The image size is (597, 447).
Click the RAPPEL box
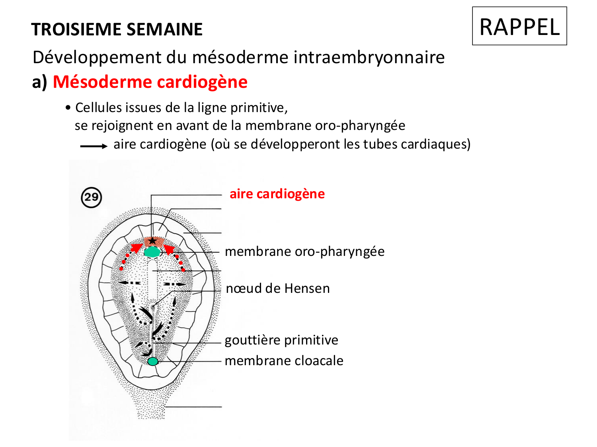click(519, 26)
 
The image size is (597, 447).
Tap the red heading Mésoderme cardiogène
click(150, 82)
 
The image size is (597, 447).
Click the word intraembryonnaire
click(369, 57)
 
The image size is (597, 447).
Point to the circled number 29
click(92, 197)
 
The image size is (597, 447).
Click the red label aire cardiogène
click(277, 194)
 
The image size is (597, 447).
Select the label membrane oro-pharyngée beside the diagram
click(304, 252)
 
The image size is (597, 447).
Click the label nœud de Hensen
click(278, 288)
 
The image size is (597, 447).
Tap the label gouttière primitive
click(281, 340)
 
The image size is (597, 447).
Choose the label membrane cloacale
click(284, 361)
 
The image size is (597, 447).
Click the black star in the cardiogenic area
click(152, 241)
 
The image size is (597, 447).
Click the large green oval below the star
click(152, 252)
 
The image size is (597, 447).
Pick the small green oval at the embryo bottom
click(153, 361)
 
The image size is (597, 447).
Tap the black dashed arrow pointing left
click(129, 283)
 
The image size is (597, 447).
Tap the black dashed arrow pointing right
click(175, 284)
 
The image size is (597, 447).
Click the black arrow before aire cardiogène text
click(94, 146)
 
